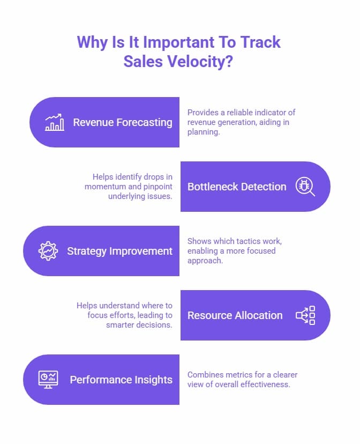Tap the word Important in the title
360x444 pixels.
click(161, 42)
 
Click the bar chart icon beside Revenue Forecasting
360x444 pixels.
click(55, 122)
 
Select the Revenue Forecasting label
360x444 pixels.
click(123, 122)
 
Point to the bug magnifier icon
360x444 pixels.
click(305, 187)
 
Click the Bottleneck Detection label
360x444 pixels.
click(237, 187)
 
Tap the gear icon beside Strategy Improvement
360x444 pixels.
click(48, 251)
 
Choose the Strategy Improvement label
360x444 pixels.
click(119, 251)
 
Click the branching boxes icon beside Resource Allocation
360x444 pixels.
click(306, 315)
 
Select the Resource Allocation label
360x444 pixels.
click(235, 315)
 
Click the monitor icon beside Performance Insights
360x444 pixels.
click(48, 380)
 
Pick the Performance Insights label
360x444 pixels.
click(121, 380)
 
